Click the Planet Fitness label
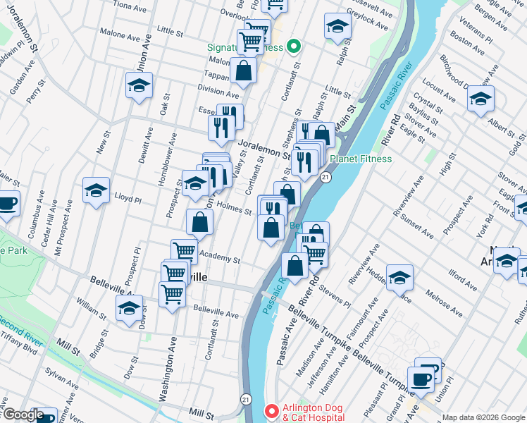[x=360, y=159]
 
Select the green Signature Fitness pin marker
[x=294, y=48]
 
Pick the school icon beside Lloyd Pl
[x=96, y=190]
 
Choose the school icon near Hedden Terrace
[x=399, y=278]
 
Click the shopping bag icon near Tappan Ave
[x=243, y=70]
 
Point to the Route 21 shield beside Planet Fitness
[x=325, y=178]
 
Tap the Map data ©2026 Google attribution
[x=482, y=417]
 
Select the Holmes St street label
[x=235, y=209]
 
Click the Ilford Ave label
[x=466, y=272]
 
